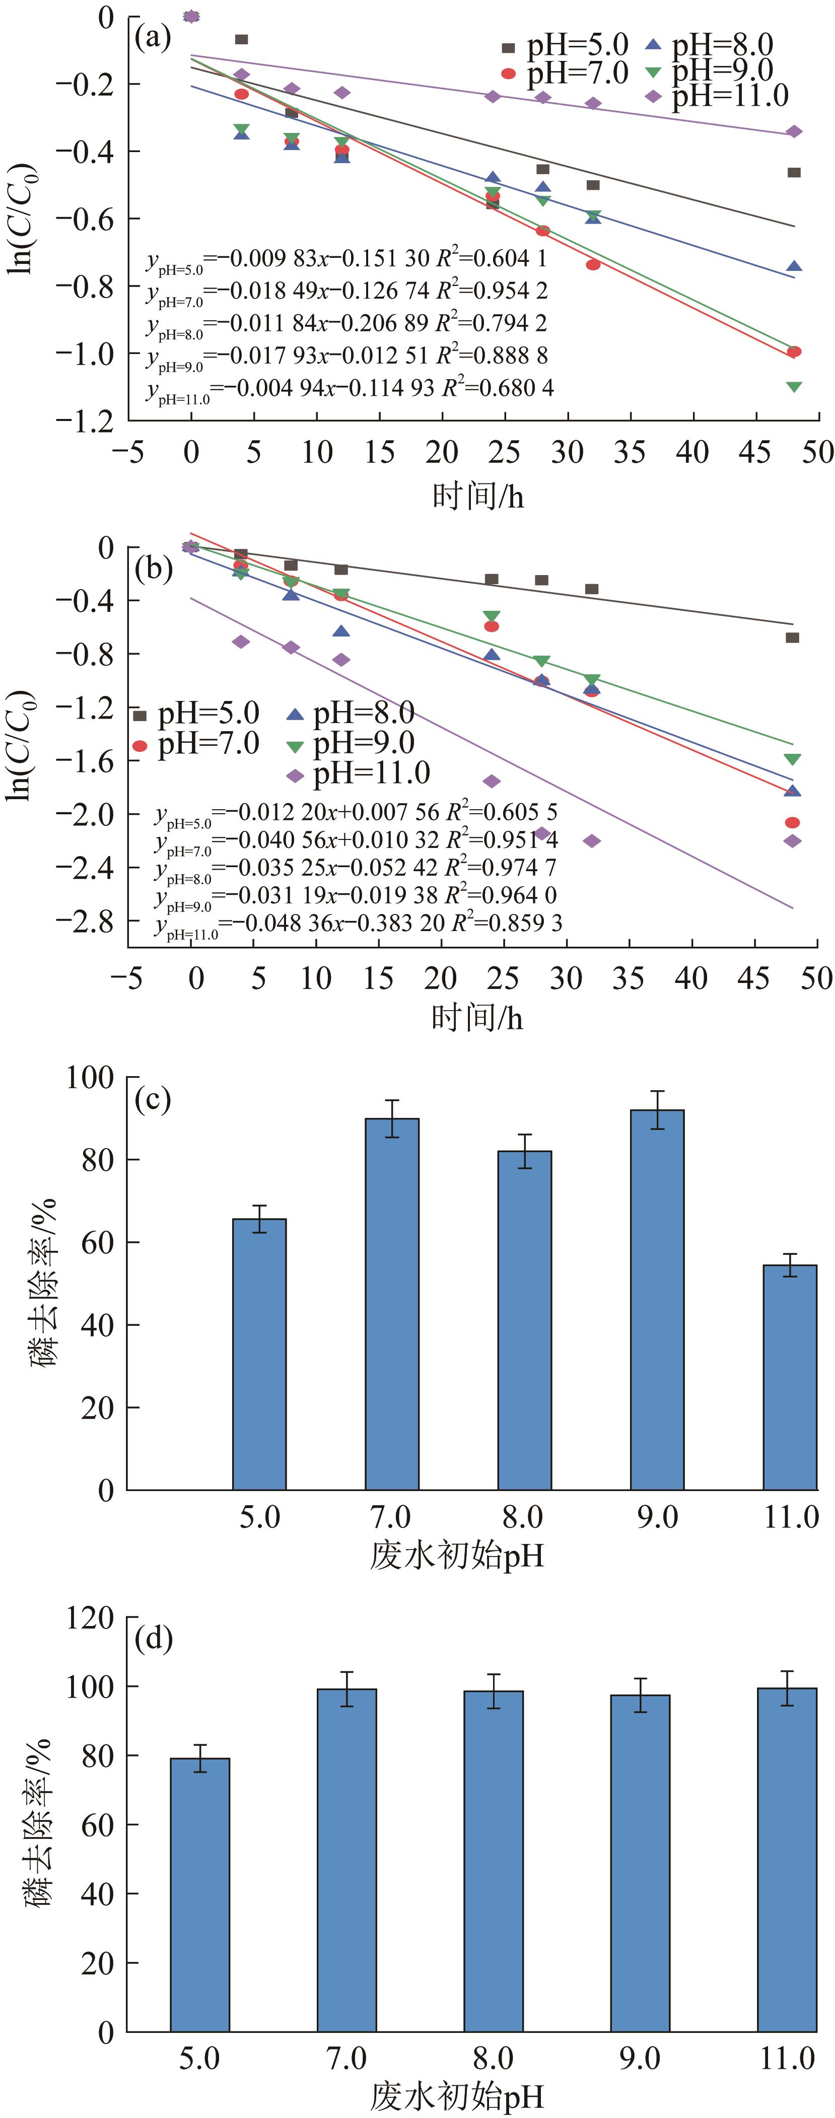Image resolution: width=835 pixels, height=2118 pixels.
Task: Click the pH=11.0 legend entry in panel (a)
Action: click(x=716, y=96)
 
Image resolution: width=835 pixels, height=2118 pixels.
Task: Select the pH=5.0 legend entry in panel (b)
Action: click(x=197, y=714)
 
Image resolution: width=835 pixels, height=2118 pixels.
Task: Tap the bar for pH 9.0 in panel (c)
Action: click(x=657, y=1299)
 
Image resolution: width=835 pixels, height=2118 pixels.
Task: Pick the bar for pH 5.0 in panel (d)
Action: click(x=200, y=1895)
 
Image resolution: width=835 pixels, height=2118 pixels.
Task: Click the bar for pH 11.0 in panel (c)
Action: click(x=790, y=1377)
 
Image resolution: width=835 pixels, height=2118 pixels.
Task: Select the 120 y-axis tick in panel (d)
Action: click(x=91, y=1618)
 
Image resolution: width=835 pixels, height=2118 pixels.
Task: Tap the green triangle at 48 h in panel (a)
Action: click(x=794, y=386)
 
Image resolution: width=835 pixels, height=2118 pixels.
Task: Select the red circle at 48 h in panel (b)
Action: click(x=792, y=822)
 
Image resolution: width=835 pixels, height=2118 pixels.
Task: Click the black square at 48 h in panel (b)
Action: click(x=792, y=637)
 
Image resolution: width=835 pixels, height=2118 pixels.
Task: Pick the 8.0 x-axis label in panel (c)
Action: click(x=523, y=1516)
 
